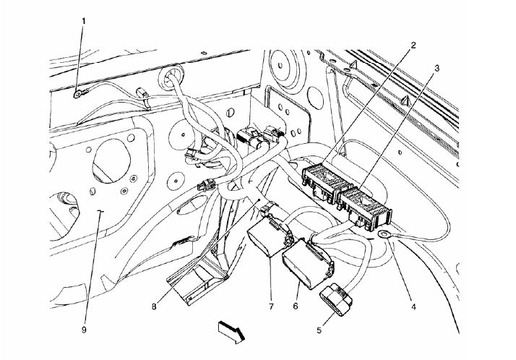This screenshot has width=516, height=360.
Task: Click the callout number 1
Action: (x=84, y=21)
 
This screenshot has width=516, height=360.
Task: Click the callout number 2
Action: (x=413, y=45)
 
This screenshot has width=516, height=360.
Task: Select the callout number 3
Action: (x=438, y=67)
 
